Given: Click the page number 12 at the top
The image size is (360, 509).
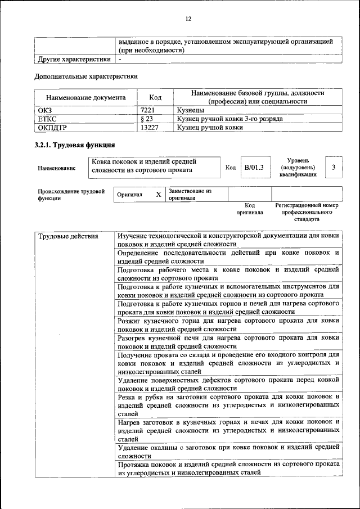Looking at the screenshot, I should coord(188,19).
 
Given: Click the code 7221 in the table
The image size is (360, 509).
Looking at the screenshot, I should coord(148,111).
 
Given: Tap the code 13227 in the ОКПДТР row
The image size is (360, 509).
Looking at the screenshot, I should coord(150,128).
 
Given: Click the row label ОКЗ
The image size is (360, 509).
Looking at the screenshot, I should coord(45,111).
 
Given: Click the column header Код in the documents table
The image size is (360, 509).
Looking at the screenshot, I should coord(156,97).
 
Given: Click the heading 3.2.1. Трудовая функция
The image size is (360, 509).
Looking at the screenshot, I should coord(75,145).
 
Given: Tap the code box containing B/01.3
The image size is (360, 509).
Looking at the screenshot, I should coord(254,168).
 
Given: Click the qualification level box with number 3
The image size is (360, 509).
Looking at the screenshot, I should coord(334,168).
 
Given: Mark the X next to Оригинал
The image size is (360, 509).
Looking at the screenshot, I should coord(159,195).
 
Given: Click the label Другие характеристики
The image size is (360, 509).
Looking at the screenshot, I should coord(74,58).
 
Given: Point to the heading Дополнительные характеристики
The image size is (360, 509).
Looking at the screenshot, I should coord(85,76).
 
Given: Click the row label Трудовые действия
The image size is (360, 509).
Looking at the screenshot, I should coord(68,236).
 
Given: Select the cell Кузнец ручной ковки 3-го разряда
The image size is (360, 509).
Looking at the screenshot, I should coord(229,119).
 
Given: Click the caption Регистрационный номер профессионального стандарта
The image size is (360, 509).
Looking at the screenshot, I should coord(307,213).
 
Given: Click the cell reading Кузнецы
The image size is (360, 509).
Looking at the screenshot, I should coord(190,111).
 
